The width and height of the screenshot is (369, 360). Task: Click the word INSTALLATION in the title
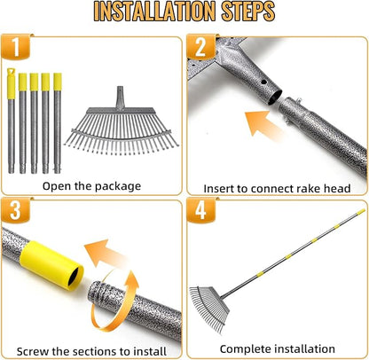tap(153, 12)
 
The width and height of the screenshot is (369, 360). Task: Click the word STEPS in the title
tap(247, 12)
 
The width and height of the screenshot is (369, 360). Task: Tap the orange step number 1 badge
tap(15, 47)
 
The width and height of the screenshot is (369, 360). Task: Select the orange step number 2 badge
tap(200, 47)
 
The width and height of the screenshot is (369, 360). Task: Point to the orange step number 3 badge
tap(15, 210)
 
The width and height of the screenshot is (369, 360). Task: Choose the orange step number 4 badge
tap(200, 210)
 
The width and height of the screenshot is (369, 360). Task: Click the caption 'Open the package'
tap(91, 186)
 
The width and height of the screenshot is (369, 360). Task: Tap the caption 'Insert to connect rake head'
tap(277, 188)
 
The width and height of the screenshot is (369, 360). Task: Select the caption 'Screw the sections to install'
tap(91, 351)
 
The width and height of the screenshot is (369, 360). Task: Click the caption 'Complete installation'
tap(278, 349)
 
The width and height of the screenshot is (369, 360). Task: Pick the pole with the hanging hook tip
tap(11, 121)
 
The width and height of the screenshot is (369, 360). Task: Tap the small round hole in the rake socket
tap(264, 82)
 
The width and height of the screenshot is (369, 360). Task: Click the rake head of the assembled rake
tap(209, 308)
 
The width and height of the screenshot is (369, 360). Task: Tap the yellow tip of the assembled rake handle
tap(361, 212)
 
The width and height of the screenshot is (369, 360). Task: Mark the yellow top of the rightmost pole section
tap(58, 82)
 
